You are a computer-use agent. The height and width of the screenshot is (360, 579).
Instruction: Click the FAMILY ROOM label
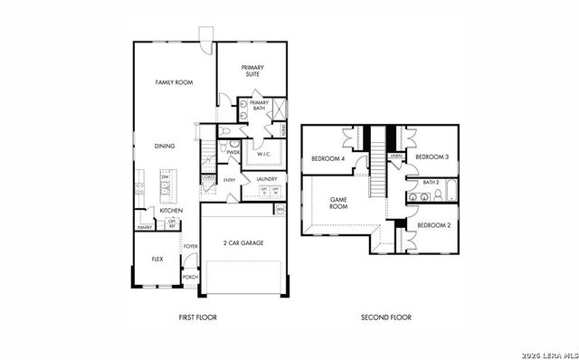tap(174, 82)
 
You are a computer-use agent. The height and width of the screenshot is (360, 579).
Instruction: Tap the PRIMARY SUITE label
tap(251, 71)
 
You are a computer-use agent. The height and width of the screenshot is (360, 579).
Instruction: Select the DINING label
tap(164, 146)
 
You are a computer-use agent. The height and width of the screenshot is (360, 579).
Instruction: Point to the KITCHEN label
tap(171, 210)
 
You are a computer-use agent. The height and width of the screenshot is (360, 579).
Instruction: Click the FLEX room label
tap(157, 259)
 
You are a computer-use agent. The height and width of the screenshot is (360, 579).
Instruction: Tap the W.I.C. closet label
tap(265, 154)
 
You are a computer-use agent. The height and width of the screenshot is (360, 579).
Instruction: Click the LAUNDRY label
tap(266, 179)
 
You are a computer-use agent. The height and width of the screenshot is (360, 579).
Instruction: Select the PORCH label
tap(190, 277)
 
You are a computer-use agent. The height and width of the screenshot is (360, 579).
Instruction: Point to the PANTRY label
tap(144, 227)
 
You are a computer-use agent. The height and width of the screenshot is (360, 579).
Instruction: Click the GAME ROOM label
tap(338, 203)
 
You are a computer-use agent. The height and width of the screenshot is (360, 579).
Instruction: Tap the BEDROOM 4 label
tap(327, 158)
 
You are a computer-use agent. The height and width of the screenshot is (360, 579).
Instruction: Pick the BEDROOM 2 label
tap(434, 223)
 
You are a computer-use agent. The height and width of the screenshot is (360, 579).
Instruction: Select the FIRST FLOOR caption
tap(197, 317)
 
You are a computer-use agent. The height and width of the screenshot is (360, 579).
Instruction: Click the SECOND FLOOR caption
tap(385, 317)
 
